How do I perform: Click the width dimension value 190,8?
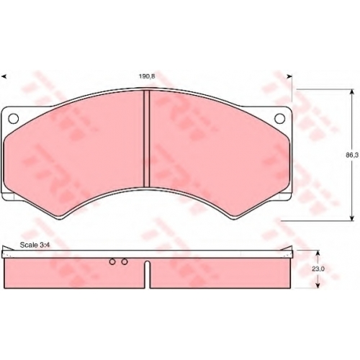click(x=147, y=76)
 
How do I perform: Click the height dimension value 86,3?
click(x=352, y=156)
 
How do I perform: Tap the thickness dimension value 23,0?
click(x=318, y=269)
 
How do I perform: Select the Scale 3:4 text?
click(x=35, y=245)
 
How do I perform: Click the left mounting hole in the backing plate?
click(x=14, y=118)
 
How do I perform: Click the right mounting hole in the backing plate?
click(x=279, y=118)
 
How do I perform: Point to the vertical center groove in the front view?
click(x=147, y=139)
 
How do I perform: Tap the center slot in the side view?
click(x=148, y=275)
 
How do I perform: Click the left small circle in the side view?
click(x=112, y=261)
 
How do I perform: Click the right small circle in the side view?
click(x=125, y=261)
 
